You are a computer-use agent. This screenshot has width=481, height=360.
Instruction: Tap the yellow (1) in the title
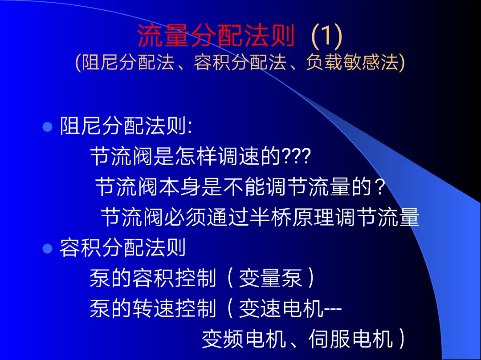coord(326,36)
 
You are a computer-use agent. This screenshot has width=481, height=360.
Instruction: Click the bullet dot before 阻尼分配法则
coord(47,126)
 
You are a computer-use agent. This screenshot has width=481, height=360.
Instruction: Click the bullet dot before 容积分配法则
coord(47,248)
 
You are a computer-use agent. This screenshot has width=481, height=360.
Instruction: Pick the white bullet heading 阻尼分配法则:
coord(126,125)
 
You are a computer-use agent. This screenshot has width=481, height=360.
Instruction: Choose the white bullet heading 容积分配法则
coord(123,247)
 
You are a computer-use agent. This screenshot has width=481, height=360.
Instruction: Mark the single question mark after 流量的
coord(380,187)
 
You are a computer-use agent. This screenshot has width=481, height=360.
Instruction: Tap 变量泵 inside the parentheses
coord(270,278)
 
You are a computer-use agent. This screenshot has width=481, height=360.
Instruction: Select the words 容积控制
coord(175,278)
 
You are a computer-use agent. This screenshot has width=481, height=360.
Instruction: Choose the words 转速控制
coord(175,308)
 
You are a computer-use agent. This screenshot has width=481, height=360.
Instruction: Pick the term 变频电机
coord(244,339)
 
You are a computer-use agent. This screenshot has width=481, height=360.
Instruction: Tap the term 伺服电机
coord(351,339)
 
